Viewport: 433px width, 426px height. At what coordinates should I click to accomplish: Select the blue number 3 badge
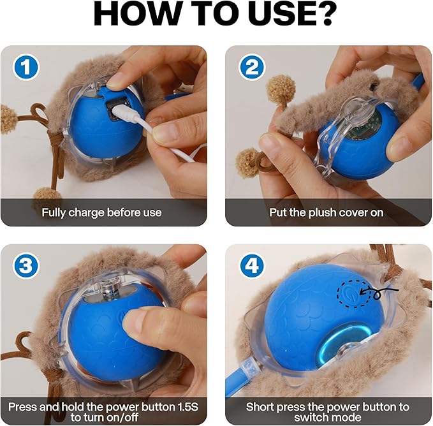click(x=23, y=266)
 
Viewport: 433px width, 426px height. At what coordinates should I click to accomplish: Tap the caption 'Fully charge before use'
click(x=102, y=212)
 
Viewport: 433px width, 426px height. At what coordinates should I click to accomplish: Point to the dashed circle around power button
click(x=348, y=293)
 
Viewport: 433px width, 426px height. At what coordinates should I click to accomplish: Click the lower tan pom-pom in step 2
click(x=248, y=163)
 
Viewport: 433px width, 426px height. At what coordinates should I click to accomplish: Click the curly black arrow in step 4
click(x=381, y=293)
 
